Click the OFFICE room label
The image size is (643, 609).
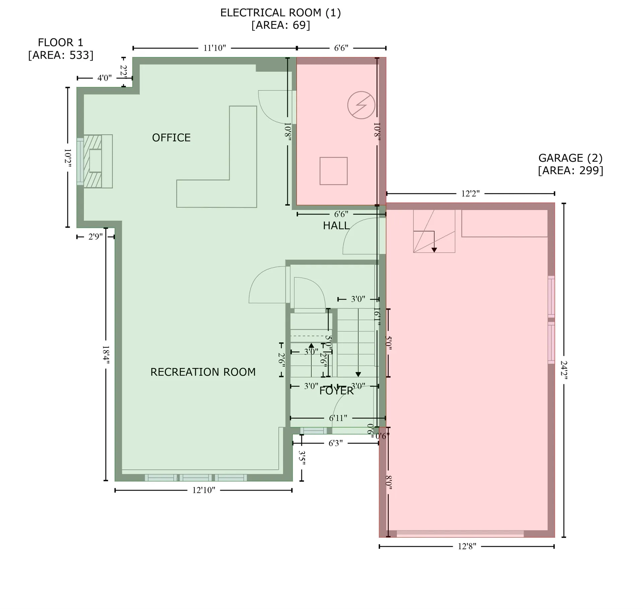pyautogui.click(x=171, y=138)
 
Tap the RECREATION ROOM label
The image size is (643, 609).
pyautogui.click(x=203, y=372)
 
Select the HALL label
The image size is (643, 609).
pyautogui.click(x=336, y=226)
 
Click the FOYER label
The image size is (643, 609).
pyautogui.click(x=336, y=391)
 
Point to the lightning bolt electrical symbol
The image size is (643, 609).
pyautogui.click(x=361, y=105)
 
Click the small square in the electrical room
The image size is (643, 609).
pyautogui.click(x=333, y=171)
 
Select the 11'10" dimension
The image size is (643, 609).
pyautogui.click(x=215, y=48)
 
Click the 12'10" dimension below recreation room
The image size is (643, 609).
pyautogui.click(x=204, y=490)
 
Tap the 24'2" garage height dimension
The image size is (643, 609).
pyautogui.click(x=564, y=370)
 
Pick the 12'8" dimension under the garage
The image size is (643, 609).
pyautogui.click(x=467, y=547)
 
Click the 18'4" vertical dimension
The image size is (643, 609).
pyautogui.click(x=106, y=355)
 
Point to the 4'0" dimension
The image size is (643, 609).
pyautogui.click(x=104, y=78)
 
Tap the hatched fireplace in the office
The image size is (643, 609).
pyautogui.click(x=92, y=161)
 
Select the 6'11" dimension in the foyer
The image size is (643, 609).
pyautogui.click(x=338, y=418)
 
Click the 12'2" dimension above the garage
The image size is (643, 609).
pyautogui.click(x=470, y=194)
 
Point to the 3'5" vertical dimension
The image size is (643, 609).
pyautogui.click(x=302, y=458)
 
